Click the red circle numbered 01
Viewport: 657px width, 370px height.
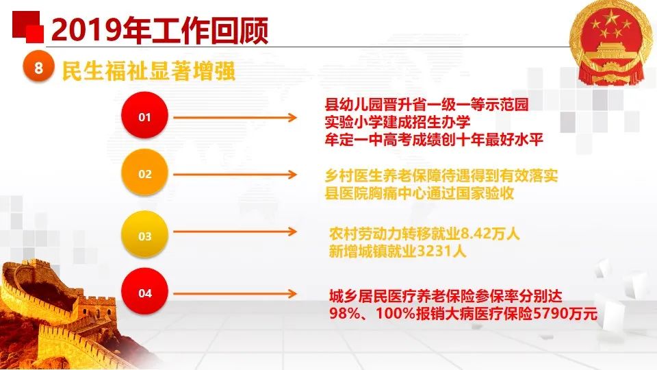[x=144, y=115]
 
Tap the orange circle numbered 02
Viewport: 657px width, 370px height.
[x=144, y=173]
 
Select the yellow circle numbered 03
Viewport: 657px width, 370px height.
[x=144, y=234]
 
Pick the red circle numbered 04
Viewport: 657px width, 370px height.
[x=144, y=292]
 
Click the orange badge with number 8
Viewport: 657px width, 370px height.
[x=38, y=66]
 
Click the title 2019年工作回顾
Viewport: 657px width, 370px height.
[x=159, y=30]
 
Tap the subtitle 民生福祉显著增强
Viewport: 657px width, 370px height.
[x=149, y=71]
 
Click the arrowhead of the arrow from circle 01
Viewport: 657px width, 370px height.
[x=292, y=117]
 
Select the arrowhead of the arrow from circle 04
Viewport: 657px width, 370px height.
[x=292, y=294]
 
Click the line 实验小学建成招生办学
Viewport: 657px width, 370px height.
[x=398, y=122]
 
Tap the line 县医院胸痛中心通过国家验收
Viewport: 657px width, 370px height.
[x=420, y=193]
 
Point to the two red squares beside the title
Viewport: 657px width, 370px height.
[x=27, y=27]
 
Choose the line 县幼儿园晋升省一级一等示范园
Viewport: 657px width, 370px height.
[x=426, y=104]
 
